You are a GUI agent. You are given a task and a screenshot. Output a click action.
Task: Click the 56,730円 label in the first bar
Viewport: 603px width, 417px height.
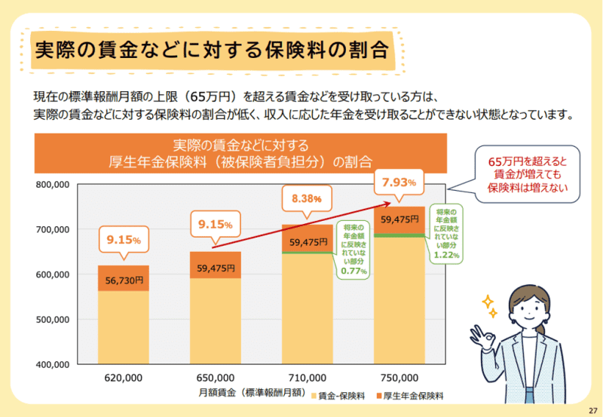pyautogui.click(x=123, y=280)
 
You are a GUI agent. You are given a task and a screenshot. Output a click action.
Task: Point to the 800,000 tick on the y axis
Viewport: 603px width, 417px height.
pyautogui.click(x=51, y=185)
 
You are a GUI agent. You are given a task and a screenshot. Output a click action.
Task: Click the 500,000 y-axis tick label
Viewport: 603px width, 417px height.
pyautogui.click(x=51, y=320)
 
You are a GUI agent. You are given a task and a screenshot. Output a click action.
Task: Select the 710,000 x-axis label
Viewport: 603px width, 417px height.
pyautogui.click(x=308, y=378)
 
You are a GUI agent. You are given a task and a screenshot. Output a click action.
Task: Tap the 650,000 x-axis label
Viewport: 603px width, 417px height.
pyautogui.click(x=215, y=378)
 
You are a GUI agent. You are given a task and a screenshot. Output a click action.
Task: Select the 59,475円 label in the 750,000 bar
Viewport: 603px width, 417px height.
pyautogui.click(x=399, y=219)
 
